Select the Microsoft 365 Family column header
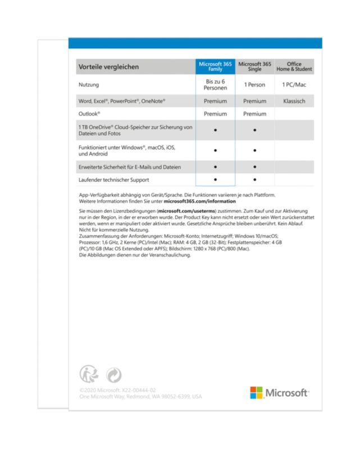[x=215, y=67]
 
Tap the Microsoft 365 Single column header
[x=254, y=67]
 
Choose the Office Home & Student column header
[x=294, y=67]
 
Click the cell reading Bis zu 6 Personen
[x=215, y=85]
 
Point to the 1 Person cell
[x=254, y=85]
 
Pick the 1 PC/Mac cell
[x=294, y=85]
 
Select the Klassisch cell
[x=294, y=102]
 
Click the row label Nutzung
[x=89, y=85]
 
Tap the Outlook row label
[x=90, y=114]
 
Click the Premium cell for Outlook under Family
[x=215, y=114]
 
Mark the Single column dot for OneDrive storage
[x=254, y=130]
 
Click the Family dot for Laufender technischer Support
[x=215, y=180]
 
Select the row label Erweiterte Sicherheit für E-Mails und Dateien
[x=129, y=167]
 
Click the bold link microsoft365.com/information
[x=199, y=201]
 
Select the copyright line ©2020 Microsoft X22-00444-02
[x=117, y=390]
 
